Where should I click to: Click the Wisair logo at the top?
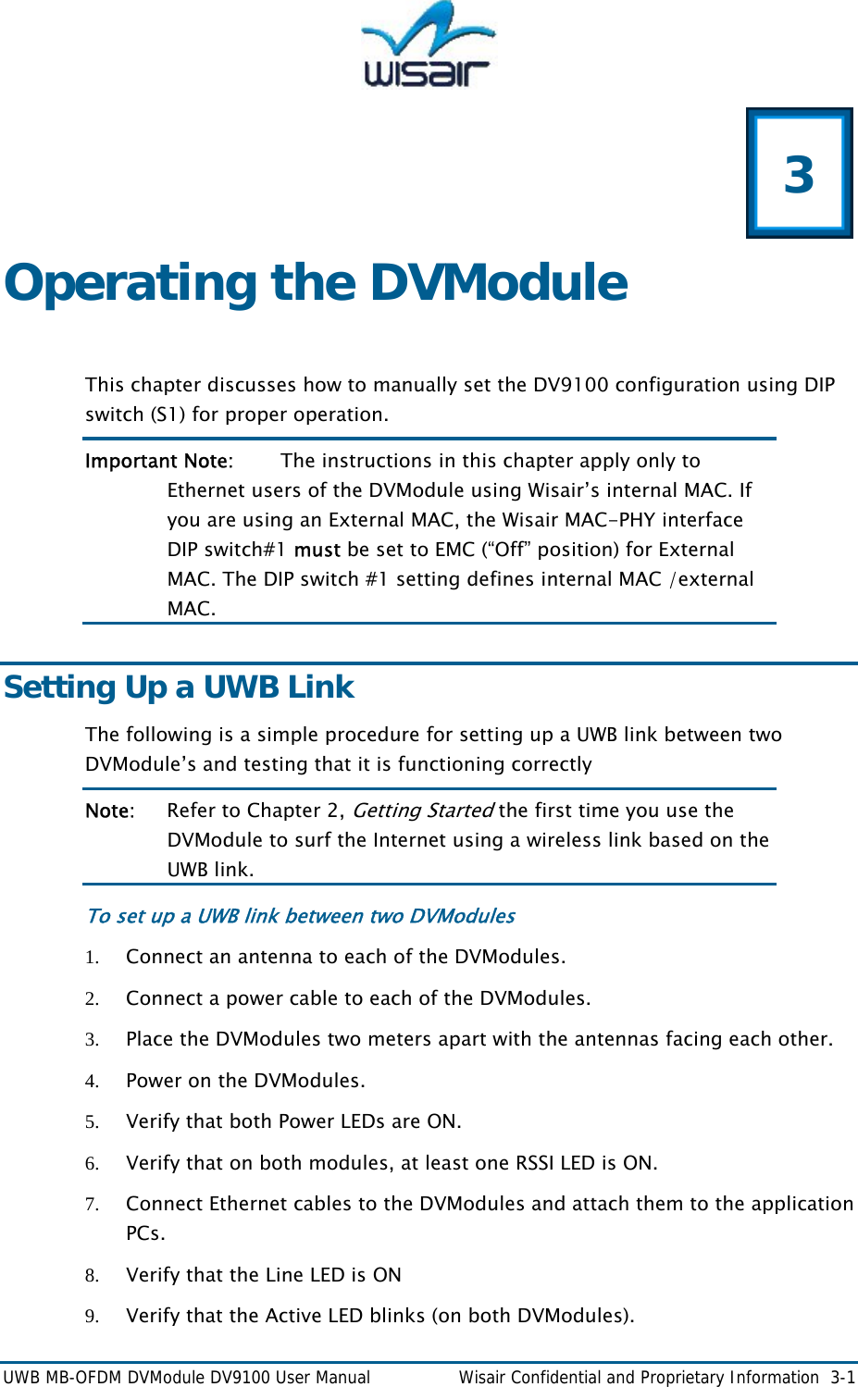pyautogui.click(x=428, y=46)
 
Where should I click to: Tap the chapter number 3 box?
pyautogui.click(x=799, y=174)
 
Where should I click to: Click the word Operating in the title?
pyautogui.click(x=131, y=283)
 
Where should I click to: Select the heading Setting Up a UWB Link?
pyautogui.click(x=179, y=687)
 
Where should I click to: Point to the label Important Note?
pyautogui.click(x=157, y=461)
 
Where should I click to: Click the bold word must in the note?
pyautogui.click(x=317, y=550)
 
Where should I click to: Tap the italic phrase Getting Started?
pyautogui.click(x=422, y=811)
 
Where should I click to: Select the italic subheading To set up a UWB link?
pyautogui.click(x=300, y=916)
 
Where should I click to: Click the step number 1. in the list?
pyautogui.click(x=92, y=958)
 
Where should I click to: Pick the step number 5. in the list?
pyautogui.click(x=92, y=1122)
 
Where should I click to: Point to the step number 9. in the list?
pyautogui.click(x=92, y=1317)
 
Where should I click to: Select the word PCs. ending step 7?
pyautogui.click(x=145, y=1233)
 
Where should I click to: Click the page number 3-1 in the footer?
pyautogui.click(x=841, y=1378)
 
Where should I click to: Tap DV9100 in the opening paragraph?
pyautogui.click(x=571, y=385)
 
